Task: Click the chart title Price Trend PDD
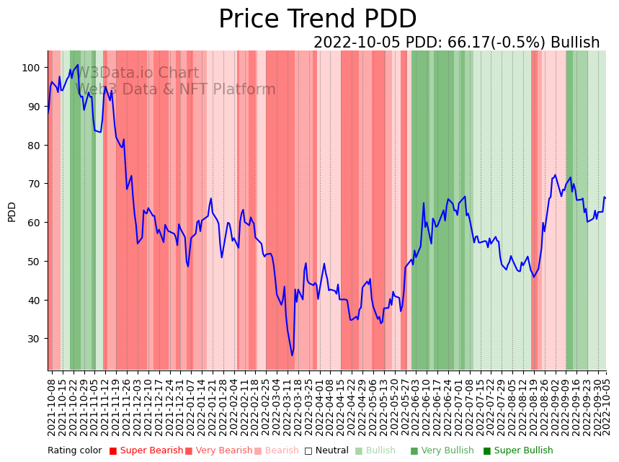pos(317,19)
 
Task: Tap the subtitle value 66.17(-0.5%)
pos(498,43)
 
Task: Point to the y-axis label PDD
pos(12,212)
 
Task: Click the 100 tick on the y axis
pos(30,68)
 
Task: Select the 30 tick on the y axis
pos(33,339)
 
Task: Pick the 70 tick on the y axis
pos(33,184)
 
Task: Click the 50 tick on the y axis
pos(33,262)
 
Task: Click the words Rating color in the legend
pos(75,451)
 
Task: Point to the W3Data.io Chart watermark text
pos(137,73)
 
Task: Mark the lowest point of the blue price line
pos(292,355)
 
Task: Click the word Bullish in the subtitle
pos(575,43)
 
